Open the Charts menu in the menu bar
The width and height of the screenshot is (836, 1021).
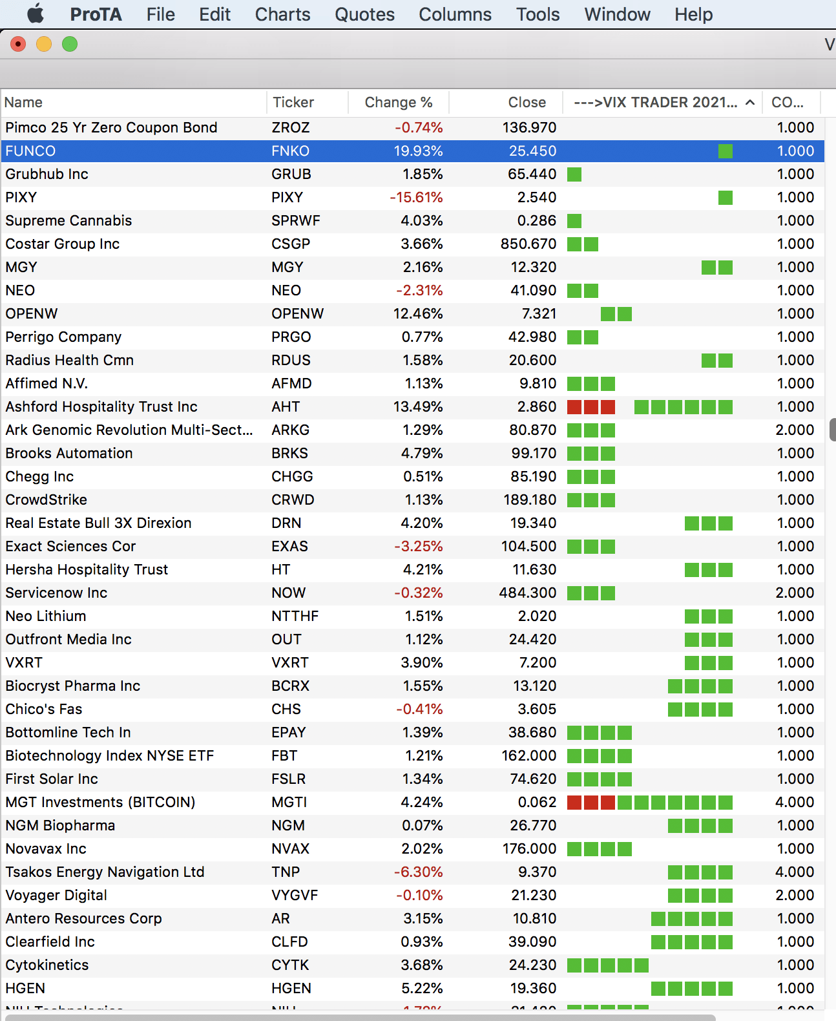click(282, 14)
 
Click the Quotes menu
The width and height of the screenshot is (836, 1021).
click(364, 14)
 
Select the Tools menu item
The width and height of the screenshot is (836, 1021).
click(538, 14)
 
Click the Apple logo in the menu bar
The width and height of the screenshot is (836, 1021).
click(36, 14)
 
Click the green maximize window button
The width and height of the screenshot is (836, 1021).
click(70, 44)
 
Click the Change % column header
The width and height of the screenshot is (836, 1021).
click(398, 102)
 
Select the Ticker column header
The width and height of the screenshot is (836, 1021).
click(293, 102)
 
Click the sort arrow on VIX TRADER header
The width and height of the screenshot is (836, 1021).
click(750, 102)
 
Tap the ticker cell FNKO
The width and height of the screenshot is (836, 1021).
click(290, 151)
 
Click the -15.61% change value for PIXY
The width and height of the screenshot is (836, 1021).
click(416, 198)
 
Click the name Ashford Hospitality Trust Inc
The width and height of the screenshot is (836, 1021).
click(101, 407)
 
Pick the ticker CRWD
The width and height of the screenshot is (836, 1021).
click(293, 500)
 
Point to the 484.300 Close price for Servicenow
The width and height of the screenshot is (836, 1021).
click(527, 593)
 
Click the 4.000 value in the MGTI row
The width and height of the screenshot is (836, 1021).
click(795, 803)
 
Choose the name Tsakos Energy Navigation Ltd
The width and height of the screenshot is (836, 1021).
click(105, 872)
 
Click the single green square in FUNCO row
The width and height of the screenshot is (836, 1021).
click(726, 151)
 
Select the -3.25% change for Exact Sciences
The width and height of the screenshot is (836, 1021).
click(419, 547)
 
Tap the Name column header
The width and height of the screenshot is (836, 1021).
click(24, 102)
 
